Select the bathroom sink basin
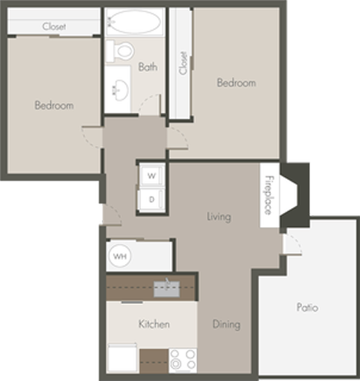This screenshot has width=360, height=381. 121,89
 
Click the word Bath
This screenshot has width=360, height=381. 148,67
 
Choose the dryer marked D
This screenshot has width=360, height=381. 151,198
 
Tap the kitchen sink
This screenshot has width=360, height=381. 167,286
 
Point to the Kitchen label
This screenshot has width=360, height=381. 153,325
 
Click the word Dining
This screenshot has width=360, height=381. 226,325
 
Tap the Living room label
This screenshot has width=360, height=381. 219,217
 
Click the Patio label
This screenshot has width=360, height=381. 308,307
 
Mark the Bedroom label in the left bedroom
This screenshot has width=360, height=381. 54,106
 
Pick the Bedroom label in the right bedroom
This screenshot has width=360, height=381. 237,83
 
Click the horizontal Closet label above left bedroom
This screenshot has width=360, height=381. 54,26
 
